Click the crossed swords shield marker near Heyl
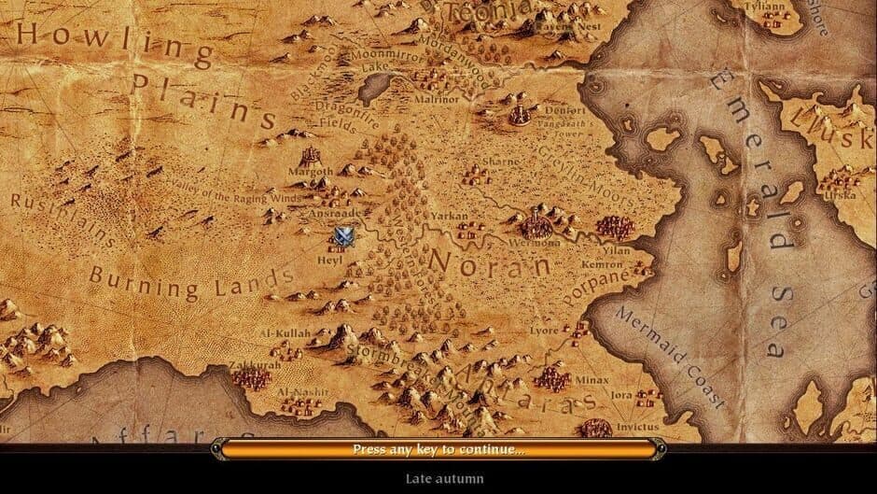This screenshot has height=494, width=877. (x=344, y=235)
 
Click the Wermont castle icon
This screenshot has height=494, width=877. (x=536, y=224)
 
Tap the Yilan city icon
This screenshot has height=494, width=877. (x=614, y=228)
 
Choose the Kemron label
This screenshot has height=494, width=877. (x=601, y=265)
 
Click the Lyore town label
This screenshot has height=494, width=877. (x=544, y=330)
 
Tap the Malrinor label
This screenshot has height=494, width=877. (x=438, y=98)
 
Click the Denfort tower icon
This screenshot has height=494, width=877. (x=520, y=114)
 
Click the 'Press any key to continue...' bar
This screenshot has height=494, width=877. (x=438, y=449)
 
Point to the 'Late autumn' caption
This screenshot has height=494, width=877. (x=444, y=479)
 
